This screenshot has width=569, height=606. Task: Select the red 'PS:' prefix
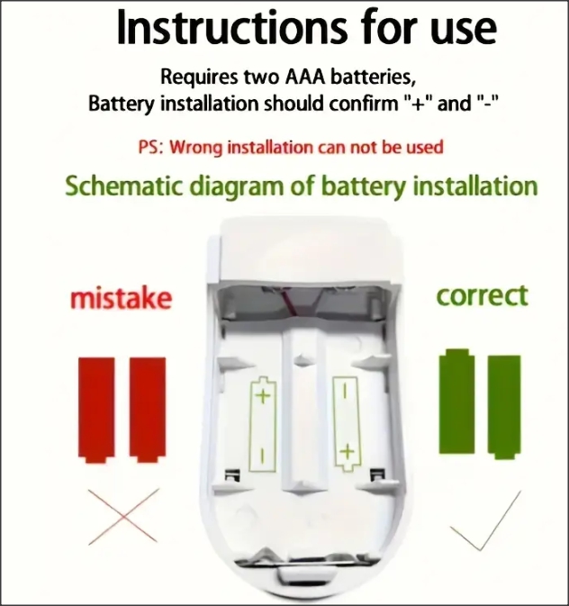(150, 148)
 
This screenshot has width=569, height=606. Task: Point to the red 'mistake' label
(121, 298)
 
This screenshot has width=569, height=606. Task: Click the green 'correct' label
(482, 296)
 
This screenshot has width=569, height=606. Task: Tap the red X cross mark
(123, 517)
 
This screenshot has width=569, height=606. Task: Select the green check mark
(485, 520)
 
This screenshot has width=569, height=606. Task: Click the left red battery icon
(96, 410)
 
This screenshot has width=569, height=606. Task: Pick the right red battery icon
(148, 410)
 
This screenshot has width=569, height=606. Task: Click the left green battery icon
(456, 402)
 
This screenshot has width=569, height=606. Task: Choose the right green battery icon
(504, 407)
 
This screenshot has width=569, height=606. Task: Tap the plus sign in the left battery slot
(263, 396)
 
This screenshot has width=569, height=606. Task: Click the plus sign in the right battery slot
(348, 451)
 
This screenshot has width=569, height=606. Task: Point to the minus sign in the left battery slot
(263, 455)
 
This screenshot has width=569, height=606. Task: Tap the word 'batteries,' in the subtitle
(374, 77)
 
